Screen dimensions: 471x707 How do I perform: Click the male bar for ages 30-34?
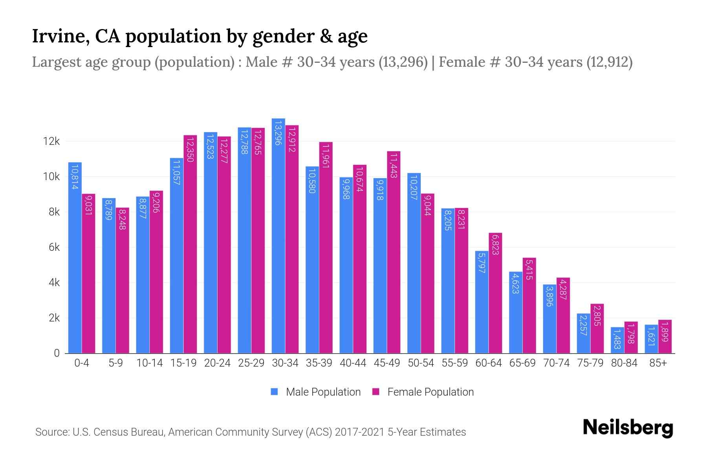[x=278, y=235]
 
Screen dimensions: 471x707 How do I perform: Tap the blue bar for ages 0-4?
[x=75, y=257]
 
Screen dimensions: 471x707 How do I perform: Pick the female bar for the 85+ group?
[x=665, y=337]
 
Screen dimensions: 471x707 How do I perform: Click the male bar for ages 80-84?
[x=617, y=340]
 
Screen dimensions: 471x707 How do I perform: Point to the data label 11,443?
[x=394, y=165]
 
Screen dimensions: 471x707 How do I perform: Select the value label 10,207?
[x=414, y=187]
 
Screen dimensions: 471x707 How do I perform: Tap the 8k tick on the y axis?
[x=54, y=212]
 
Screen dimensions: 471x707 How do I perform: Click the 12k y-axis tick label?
[x=52, y=141]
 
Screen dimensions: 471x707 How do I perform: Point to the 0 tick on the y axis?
[x=57, y=353]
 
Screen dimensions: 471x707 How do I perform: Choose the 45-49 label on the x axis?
[x=387, y=363]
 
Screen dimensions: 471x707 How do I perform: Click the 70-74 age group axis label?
[x=556, y=363]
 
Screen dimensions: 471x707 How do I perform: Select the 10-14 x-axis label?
[x=149, y=363]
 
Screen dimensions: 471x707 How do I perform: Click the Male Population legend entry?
[x=323, y=392]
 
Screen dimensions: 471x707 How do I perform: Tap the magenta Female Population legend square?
[x=376, y=392]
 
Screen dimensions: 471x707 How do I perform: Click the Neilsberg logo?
[x=628, y=428]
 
